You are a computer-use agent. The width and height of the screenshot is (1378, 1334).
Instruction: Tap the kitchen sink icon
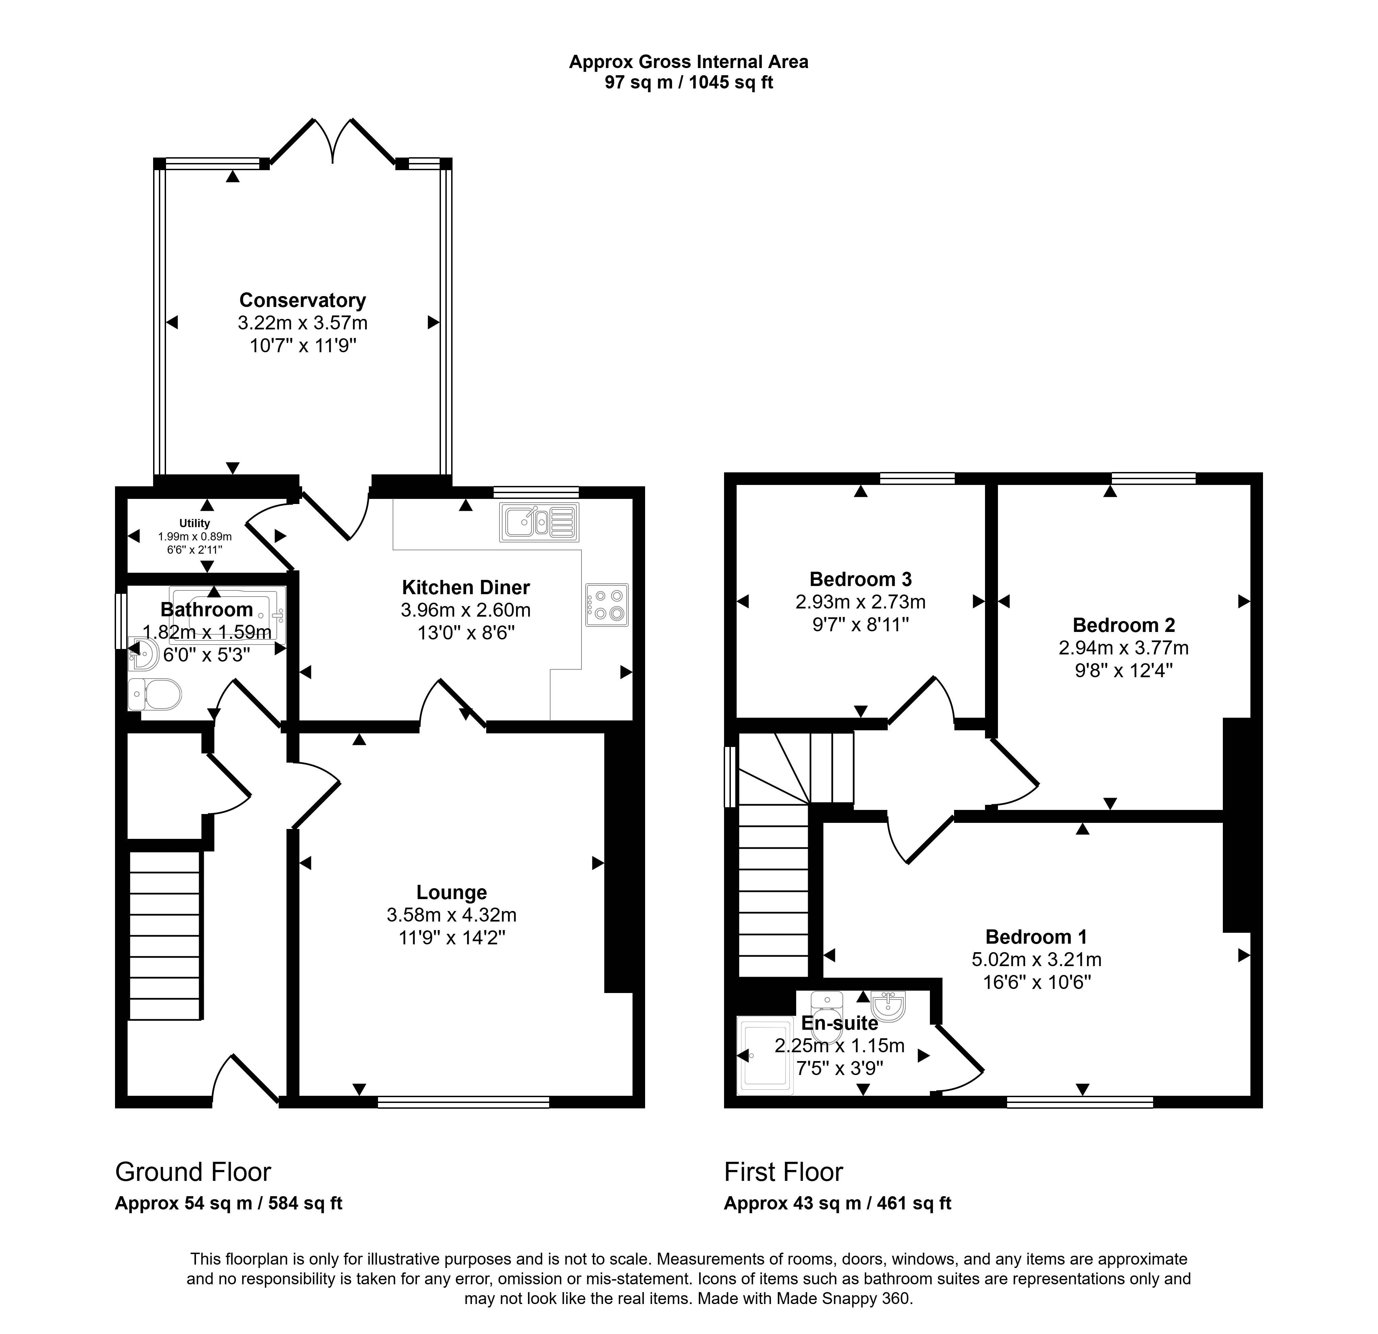point(539,522)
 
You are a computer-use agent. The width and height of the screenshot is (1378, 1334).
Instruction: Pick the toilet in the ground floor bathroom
point(155,695)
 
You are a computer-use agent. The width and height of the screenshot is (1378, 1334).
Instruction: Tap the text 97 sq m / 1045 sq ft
point(689,83)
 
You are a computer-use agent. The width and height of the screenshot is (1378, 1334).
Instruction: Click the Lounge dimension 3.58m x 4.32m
point(452,915)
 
